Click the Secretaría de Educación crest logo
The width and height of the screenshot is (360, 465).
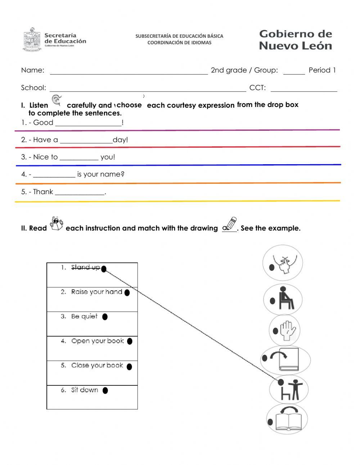click(x=32, y=40)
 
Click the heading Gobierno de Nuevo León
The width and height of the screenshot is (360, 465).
click(x=295, y=40)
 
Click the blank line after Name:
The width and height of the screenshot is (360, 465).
click(x=129, y=71)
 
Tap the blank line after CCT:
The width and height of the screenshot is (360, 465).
click(x=303, y=89)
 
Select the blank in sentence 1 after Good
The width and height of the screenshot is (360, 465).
click(x=88, y=123)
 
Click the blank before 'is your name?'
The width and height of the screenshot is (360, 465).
click(x=54, y=175)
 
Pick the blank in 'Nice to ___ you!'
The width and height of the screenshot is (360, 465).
click(x=79, y=157)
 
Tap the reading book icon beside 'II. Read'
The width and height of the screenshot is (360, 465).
click(x=56, y=224)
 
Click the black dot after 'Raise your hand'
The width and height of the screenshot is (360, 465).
click(x=127, y=293)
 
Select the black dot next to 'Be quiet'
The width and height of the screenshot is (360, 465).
click(x=105, y=317)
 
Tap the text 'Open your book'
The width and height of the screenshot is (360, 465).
click(x=97, y=341)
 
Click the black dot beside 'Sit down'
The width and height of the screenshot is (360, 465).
click(x=105, y=390)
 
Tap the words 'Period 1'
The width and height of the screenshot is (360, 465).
click(x=322, y=70)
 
